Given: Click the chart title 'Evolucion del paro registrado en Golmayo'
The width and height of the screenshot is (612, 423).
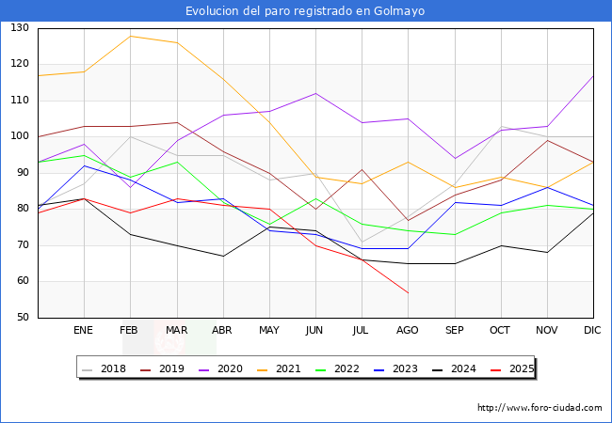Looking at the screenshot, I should click(305, 11).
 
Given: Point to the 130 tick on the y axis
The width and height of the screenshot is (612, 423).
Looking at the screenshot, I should click(20, 28).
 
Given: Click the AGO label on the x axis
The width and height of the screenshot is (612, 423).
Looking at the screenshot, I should click(408, 331).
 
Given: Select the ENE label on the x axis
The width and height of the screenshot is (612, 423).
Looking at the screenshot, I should click(84, 331).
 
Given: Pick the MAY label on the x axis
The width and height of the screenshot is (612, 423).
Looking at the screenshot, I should click(269, 331).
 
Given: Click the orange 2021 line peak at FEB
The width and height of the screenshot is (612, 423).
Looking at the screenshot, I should click(130, 36).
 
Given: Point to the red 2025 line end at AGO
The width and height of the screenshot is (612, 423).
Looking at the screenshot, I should click(408, 292).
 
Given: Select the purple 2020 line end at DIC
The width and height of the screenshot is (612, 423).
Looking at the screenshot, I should click(593, 75).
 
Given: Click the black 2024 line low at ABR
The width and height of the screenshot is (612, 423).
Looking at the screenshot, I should click(222, 256).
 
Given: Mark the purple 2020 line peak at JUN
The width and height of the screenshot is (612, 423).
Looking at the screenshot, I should click(315, 93).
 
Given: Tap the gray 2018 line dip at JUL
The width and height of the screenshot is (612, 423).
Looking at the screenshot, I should click(362, 242).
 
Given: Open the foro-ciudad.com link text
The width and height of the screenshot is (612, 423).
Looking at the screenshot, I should click(540, 408).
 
